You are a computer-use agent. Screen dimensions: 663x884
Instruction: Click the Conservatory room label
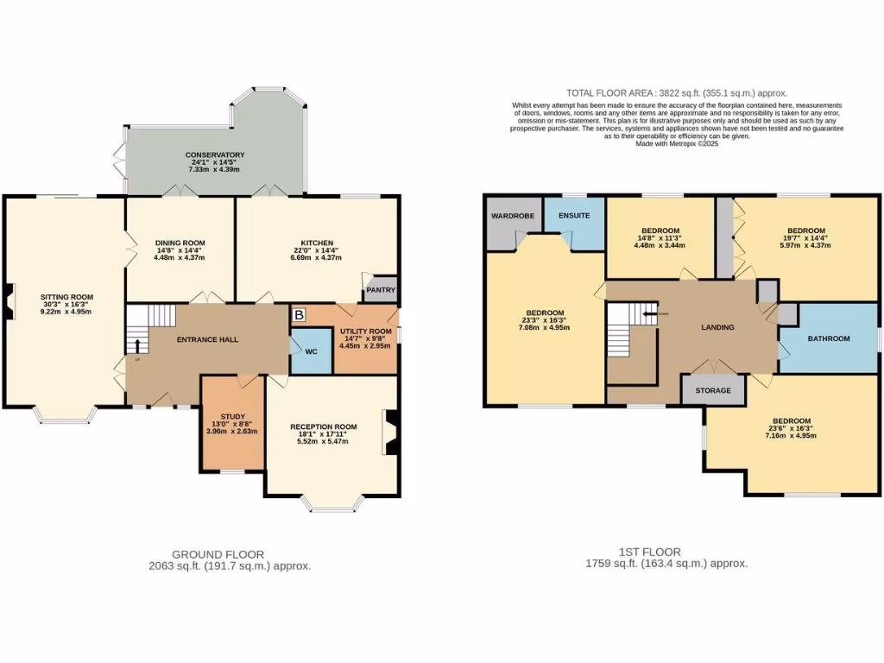(215, 155)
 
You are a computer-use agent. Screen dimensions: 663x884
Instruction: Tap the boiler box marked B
(299, 315)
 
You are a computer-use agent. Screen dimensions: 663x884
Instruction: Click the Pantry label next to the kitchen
(381, 290)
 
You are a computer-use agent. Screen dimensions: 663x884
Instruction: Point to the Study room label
(233, 416)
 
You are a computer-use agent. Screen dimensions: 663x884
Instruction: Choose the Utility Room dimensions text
(365, 342)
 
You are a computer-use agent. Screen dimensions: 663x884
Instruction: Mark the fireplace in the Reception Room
(390, 432)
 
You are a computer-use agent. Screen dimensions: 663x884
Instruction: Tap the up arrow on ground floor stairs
(136, 347)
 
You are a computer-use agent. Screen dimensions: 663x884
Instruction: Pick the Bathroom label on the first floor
(829, 338)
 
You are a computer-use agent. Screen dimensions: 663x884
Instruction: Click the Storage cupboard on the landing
(714, 390)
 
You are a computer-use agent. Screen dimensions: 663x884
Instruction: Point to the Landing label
(717, 327)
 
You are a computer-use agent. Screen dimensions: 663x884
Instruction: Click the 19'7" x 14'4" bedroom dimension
(805, 243)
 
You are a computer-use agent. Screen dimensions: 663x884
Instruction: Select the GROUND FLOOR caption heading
(218, 554)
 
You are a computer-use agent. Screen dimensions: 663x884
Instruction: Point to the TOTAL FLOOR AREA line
(676, 92)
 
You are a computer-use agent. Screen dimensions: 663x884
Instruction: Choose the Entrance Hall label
(207, 339)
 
